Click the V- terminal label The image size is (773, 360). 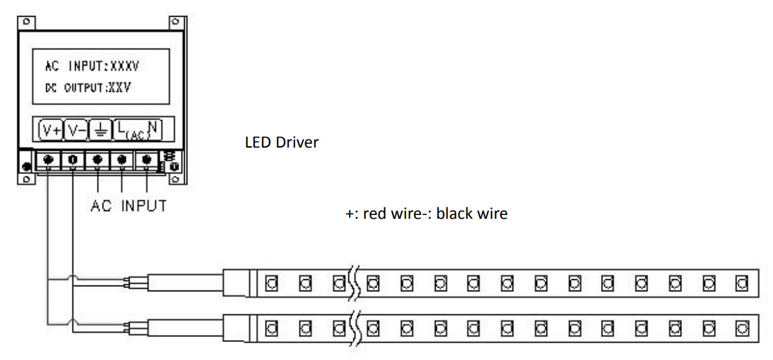[76, 130]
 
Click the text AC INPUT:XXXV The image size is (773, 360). [92, 67]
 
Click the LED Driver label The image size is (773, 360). [282, 142]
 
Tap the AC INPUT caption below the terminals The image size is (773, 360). [128, 206]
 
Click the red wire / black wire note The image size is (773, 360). [426, 214]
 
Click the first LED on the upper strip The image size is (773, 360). [271, 282]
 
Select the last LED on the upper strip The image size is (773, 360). [742, 282]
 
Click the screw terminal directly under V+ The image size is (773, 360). [49, 159]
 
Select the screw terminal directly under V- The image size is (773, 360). [73, 159]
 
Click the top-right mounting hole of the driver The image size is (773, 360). [175, 22]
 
